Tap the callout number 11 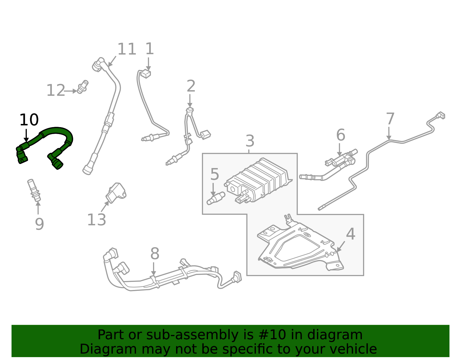[x=126, y=49]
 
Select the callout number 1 [x=149, y=49]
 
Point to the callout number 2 [x=191, y=86]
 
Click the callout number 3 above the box [x=250, y=141]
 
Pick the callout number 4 [x=350, y=234]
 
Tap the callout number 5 [x=215, y=174]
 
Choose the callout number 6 [x=341, y=135]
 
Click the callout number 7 [x=390, y=119]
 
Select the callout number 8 [x=155, y=254]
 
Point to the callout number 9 [x=39, y=224]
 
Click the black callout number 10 [x=29, y=120]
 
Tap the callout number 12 [x=56, y=91]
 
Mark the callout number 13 [x=97, y=220]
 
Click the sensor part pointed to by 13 [x=116, y=192]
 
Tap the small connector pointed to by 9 [x=34, y=190]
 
